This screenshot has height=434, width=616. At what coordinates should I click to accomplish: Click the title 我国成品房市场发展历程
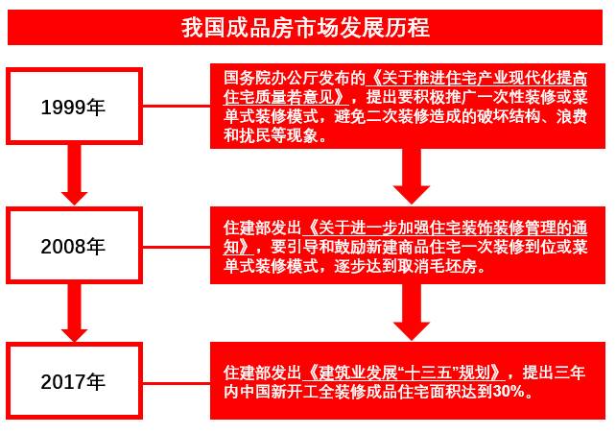pyautogui.click(x=305, y=28)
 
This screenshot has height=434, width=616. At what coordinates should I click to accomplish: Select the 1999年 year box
pyautogui.click(x=74, y=107)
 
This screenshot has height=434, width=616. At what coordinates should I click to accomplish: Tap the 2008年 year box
pyautogui.click(x=74, y=246)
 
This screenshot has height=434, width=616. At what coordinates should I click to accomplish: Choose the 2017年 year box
pyautogui.click(x=74, y=381)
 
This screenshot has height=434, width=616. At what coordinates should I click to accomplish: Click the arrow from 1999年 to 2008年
pyautogui.click(x=74, y=175)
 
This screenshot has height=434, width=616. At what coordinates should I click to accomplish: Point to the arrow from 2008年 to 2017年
pyautogui.click(x=74, y=312)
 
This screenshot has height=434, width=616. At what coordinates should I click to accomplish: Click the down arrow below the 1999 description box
pyautogui.click(x=412, y=176)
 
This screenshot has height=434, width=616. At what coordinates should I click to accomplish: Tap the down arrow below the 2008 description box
pyautogui.click(x=412, y=312)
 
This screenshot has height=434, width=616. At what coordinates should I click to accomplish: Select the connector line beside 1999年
pyautogui.click(x=177, y=107)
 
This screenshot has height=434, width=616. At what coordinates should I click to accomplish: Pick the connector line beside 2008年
pyautogui.click(x=177, y=247)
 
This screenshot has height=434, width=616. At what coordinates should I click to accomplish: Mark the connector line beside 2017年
pyautogui.click(x=177, y=382)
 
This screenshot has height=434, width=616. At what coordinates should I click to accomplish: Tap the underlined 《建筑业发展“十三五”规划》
pyautogui.click(x=404, y=373)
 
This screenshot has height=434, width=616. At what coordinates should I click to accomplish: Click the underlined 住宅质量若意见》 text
pyautogui.click(x=287, y=98)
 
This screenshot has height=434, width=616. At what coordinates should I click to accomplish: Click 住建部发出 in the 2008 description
pyautogui.click(x=263, y=228)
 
